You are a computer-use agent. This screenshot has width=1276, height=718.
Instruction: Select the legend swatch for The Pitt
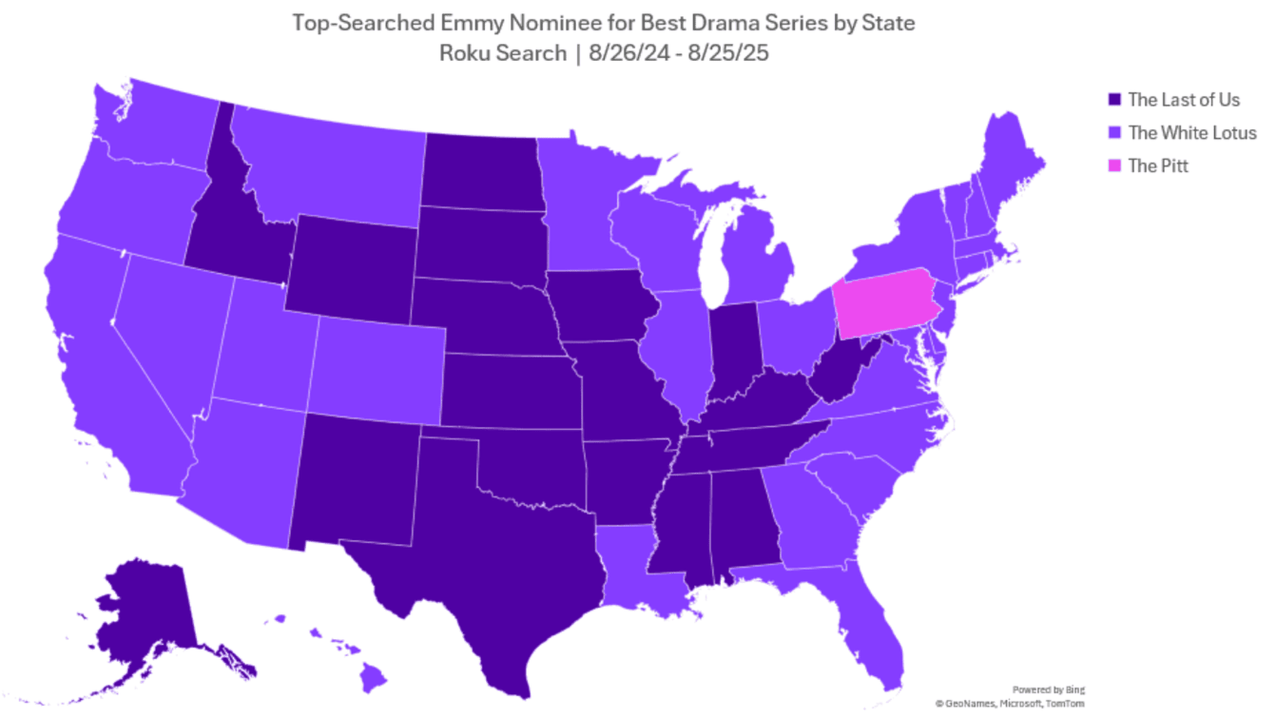point(1115,166)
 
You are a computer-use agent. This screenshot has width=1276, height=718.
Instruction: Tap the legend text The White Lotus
point(1192,133)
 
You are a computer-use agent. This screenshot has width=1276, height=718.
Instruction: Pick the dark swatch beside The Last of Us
point(1115,100)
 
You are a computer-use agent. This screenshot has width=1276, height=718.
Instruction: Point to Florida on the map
point(877,638)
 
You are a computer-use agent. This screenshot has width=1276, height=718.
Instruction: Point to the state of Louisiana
point(631,565)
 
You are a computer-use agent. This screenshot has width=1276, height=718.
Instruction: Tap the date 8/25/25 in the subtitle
point(728,53)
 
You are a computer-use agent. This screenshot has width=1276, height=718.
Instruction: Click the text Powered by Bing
point(1048,689)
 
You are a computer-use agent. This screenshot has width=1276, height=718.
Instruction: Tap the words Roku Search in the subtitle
point(503,53)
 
